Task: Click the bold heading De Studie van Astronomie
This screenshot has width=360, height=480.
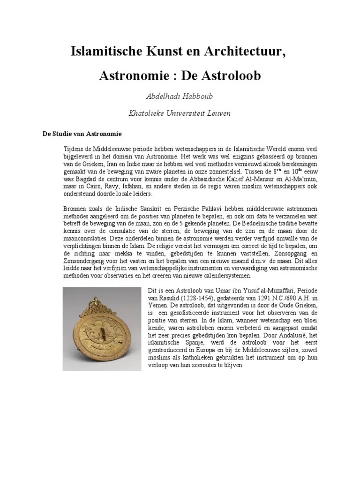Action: (x=82, y=134)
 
